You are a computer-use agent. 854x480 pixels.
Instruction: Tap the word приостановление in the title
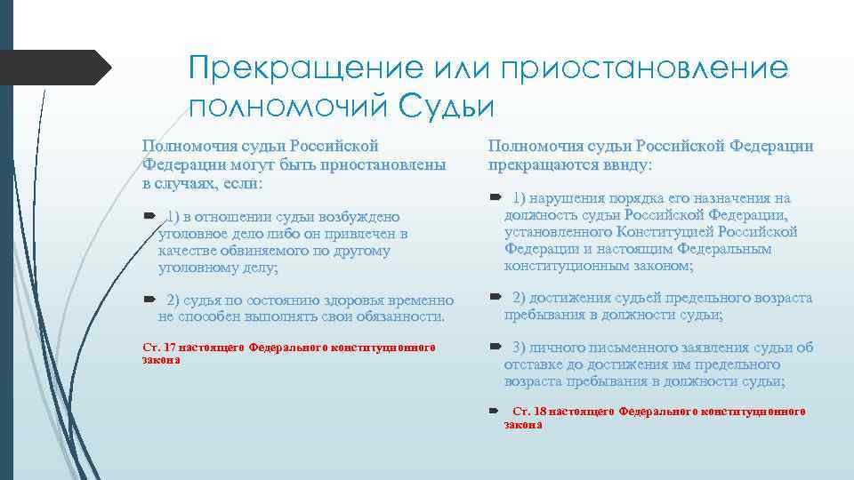tap(646, 68)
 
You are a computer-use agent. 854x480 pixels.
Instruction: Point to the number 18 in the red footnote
tap(541, 412)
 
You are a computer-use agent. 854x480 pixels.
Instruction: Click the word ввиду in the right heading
tap(628, 164)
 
